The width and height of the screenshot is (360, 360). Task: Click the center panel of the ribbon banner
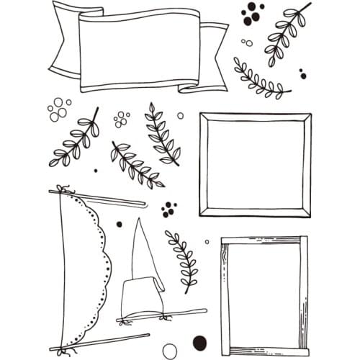point(137,50)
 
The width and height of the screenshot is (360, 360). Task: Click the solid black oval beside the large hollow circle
point(200,342)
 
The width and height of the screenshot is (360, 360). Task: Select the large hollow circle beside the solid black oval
point(170,350)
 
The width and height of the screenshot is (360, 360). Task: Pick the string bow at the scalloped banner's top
point(63,191)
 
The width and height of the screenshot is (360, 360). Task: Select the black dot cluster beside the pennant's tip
point(169,210)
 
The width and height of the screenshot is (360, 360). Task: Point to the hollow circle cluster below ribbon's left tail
point(58,109)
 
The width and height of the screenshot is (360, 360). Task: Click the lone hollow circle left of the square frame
point(180,115)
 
